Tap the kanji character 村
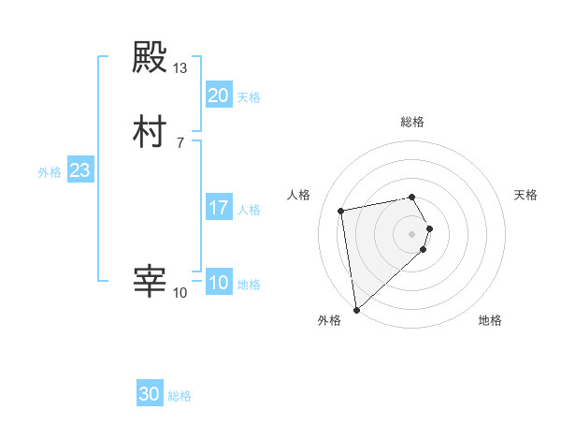[x=150, y=131]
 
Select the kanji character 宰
[x=150, y=282]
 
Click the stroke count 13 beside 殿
[x=180, y=69]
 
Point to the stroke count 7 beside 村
[x=180, y=142]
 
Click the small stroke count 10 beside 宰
[x=180, y=293]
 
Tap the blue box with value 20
[x=218, y=95]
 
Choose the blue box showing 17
[x=218, y=208]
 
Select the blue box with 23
[x=79, y=171]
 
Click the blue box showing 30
[x=150, y=394]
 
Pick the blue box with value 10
[x=218, y=283]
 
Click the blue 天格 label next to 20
[x=249, y=97]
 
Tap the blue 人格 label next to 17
[x=249, y=210]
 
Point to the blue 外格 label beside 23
[x=50, y=172]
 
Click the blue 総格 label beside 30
[x=180, y=396]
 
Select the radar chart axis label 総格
[x=412, y=122]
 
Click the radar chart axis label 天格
[x=526, y=195]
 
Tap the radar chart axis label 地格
[x=490, y=320]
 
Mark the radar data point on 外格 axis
[x=355, y=309]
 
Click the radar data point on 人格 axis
[x=341, y=210]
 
